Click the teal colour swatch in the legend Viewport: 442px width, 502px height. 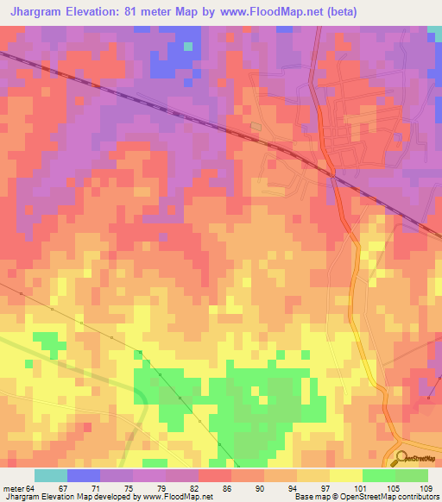pyautogui.click(x=51, y=475)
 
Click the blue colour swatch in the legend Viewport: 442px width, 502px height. pyautogui.click(x=84, y=475)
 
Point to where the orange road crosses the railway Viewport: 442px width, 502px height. pyautogui.click(x=333, y=173)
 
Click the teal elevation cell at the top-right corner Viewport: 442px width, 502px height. pyautogui.click(x=434, y=32)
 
